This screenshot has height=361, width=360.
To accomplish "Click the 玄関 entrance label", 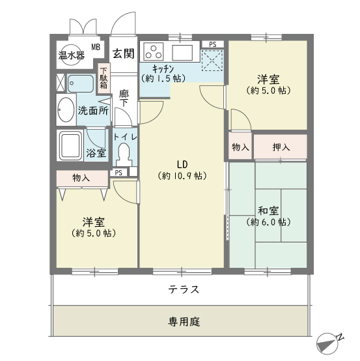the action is point(123,53).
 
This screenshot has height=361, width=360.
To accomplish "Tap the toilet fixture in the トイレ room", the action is point(124,154).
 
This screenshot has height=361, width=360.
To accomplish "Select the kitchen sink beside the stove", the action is point(182,53).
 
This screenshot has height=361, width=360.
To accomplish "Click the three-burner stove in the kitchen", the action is point(154,52).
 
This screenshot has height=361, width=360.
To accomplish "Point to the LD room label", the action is point(182,164).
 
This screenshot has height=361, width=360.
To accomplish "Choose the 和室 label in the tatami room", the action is point(268,211).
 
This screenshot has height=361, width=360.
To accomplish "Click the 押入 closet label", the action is point(281,147).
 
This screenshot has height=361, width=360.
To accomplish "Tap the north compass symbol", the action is point(328,343).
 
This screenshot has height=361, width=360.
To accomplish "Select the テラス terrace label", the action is point(184,289).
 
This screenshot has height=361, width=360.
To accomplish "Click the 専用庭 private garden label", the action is point(184,321).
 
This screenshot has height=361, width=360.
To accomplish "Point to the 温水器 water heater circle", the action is point(72,55).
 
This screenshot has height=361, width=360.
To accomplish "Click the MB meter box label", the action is point(96,47).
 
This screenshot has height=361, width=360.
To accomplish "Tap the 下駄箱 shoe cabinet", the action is point(104,78).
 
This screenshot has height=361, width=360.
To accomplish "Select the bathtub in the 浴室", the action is point(70,145).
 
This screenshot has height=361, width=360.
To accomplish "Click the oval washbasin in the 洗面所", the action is point(66,109).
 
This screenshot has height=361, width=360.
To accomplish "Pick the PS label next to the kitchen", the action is point(213,44).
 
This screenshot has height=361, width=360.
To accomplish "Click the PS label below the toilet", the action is point(118,173).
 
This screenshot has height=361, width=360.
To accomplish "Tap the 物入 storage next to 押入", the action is point(240,147).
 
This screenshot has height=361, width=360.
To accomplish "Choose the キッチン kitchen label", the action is point(163,69).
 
